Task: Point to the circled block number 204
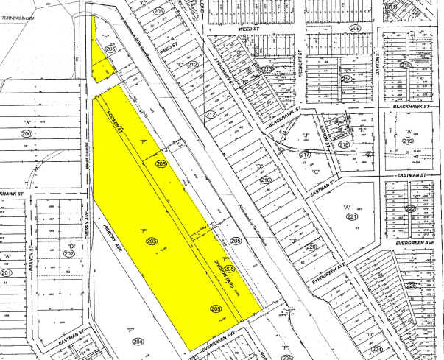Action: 138,342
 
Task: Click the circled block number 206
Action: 158,13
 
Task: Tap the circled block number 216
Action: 265,180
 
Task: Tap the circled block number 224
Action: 377,350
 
